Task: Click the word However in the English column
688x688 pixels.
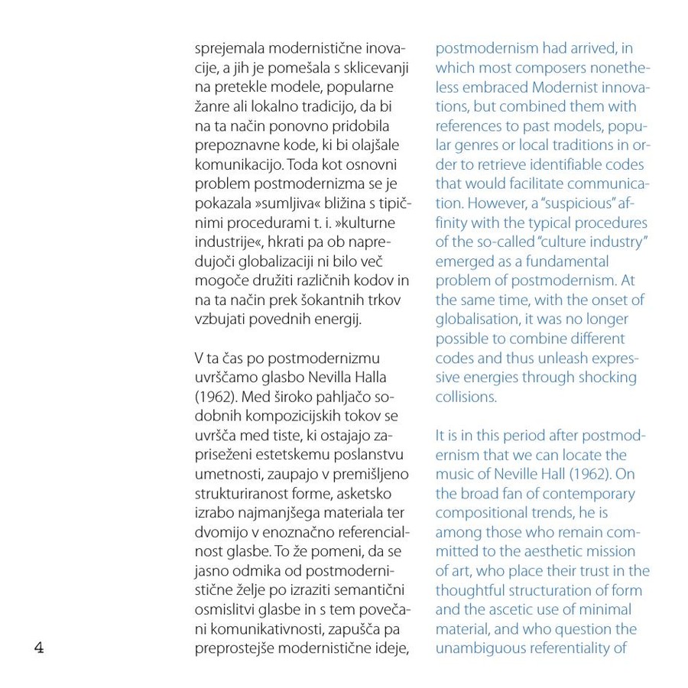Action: pyautogui.click(x=497, y=204)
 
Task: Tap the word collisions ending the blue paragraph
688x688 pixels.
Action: pyautogui.click(x=466, y=397)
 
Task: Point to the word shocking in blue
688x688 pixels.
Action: pyautogui.click(x=601, y=377)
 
